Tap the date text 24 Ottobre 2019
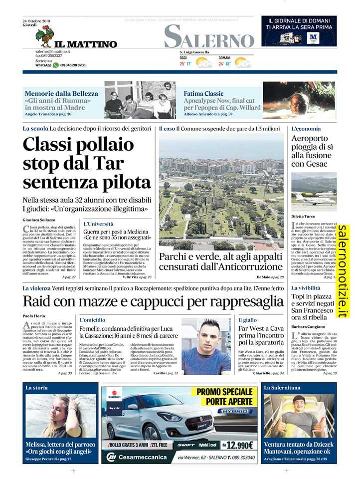(x=37, y=21)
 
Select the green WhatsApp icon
(x=56, y=65)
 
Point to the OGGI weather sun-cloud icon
(x=204, y=63)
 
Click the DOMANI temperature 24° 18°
(x=224, y=64)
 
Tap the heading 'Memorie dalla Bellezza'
(x=61, y=93)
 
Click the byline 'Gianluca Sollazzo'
(x=39, y=220)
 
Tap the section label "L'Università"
(x=98, y=224)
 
